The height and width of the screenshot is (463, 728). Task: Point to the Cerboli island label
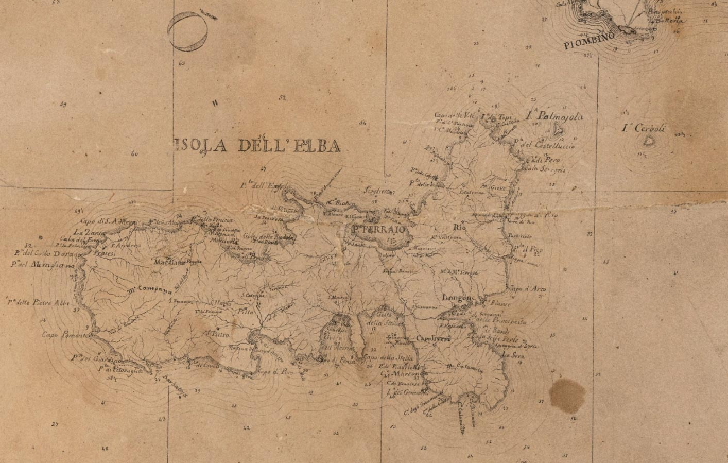643,128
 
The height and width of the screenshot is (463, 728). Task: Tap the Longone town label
458,298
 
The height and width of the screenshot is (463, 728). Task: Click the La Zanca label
84,232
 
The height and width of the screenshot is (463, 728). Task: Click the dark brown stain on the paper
567,393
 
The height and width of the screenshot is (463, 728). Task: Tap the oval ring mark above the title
188,32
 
